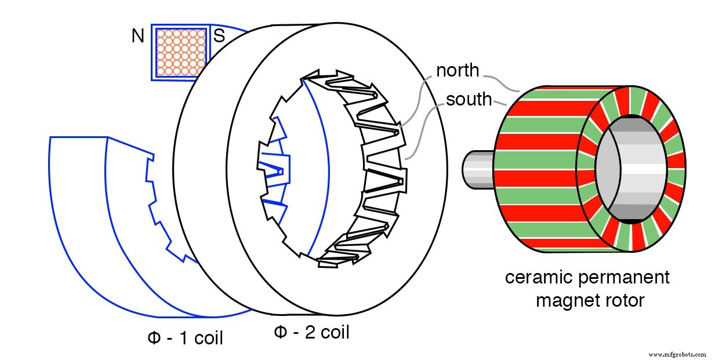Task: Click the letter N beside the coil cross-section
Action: pyautogui.click(x=137, y=37)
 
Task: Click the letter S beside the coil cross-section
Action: pyautogui.click(x=219, y=37)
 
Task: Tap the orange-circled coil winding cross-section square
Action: pyautogui.click(x=181, y=52)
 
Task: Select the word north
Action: pyautogui.click(x=457, y=70)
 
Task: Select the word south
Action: pyautogui.click(x=469, y=99)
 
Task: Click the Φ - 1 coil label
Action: pyautogui.click(x=185, y=338)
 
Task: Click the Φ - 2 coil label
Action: pyautogui.click(x=311, y=332)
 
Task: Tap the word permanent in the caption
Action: pyautogui.click(x=625, y=277)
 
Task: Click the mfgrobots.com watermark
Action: pyautogui.click(x=678, y=354)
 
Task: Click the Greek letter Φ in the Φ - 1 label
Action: pyautogui.click(x=154, y=338)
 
